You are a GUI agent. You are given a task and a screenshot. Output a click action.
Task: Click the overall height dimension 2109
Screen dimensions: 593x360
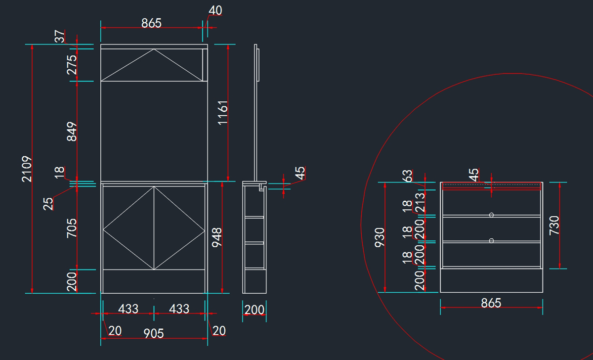point(27,169)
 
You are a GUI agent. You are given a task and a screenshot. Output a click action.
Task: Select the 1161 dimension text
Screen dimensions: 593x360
point(223,112)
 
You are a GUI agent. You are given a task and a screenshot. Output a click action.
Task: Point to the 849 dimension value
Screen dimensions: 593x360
point(72,132)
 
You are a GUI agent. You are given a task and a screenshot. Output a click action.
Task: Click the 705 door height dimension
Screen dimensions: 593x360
point(72,228)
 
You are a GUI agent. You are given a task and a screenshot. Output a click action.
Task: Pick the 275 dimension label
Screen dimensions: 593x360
point(72,65)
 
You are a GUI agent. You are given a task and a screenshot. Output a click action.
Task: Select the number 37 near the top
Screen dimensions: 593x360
point(60,36)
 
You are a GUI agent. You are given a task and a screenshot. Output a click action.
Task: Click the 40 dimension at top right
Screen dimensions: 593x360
point(215,10)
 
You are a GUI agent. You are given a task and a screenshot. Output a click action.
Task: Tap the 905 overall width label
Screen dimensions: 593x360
point(154,334)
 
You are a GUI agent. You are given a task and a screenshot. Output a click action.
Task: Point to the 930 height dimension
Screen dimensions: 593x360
point(380,237)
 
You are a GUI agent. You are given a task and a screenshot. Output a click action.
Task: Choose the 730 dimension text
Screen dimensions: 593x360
point(554,225)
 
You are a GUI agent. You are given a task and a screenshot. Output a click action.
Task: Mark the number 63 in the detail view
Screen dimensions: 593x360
point(407,177)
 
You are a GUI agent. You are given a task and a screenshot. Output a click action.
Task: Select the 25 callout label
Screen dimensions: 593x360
point(48,204)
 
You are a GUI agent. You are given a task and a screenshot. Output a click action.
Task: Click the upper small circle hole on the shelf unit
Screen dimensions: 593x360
point(491,215)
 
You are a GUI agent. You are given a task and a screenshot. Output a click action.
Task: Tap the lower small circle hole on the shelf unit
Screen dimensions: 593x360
point(491,240)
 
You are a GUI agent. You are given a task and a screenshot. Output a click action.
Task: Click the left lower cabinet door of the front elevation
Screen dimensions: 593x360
point(128,228)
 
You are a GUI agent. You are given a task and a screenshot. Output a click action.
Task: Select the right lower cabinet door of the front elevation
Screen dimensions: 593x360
point(179,228)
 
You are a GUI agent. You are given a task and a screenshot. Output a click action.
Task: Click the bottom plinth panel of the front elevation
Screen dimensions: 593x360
point(154,281)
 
